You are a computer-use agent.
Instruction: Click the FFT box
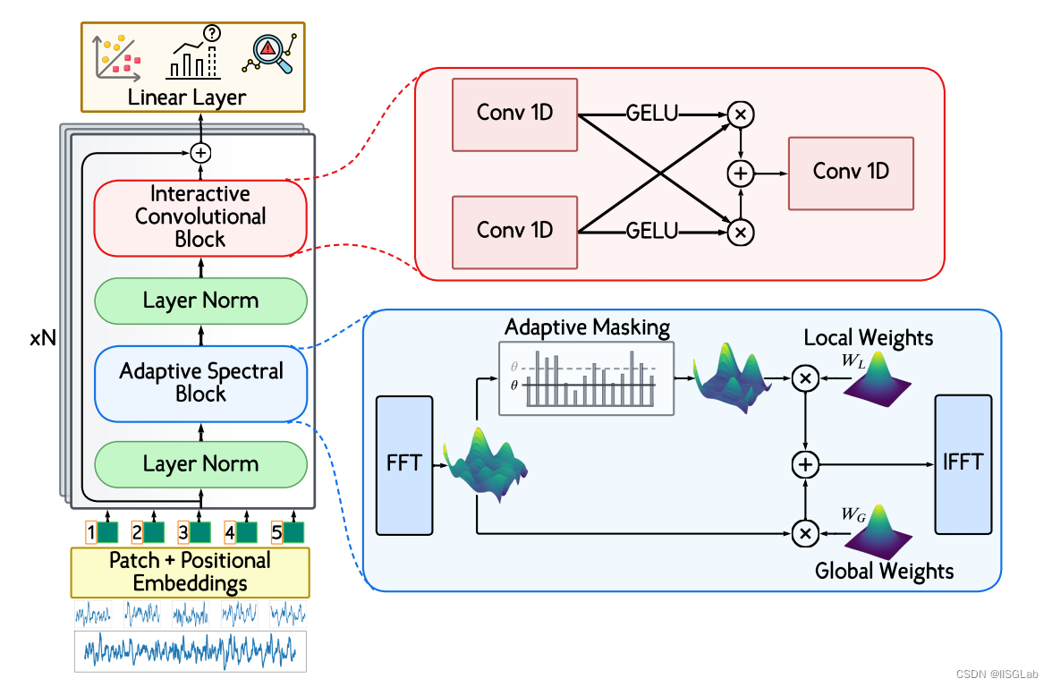point(405,464)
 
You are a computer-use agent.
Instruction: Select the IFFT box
point(963,462)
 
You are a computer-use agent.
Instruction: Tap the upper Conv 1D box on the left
point(514,114)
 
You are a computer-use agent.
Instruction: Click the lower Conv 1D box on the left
point(514,230)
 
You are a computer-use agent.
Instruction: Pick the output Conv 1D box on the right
point(851,173)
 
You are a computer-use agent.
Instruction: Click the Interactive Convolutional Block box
point(200,216)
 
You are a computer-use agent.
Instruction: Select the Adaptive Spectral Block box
point(200,383)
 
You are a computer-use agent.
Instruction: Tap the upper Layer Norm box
point(200,301)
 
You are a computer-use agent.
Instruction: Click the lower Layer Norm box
point(200,464)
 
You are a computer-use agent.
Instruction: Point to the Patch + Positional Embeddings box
point(190,572)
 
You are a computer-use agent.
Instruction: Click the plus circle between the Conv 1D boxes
point(741,174)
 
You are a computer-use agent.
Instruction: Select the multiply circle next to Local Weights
point(805,379)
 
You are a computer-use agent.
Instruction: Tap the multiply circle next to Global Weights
point(805,534)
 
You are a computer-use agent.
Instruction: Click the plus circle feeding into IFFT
point(805,463)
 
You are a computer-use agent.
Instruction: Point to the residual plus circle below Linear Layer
point(200,153)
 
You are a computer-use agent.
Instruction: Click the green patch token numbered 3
point(199,533)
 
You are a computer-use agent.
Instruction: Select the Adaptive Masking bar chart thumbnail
point(586,377)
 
